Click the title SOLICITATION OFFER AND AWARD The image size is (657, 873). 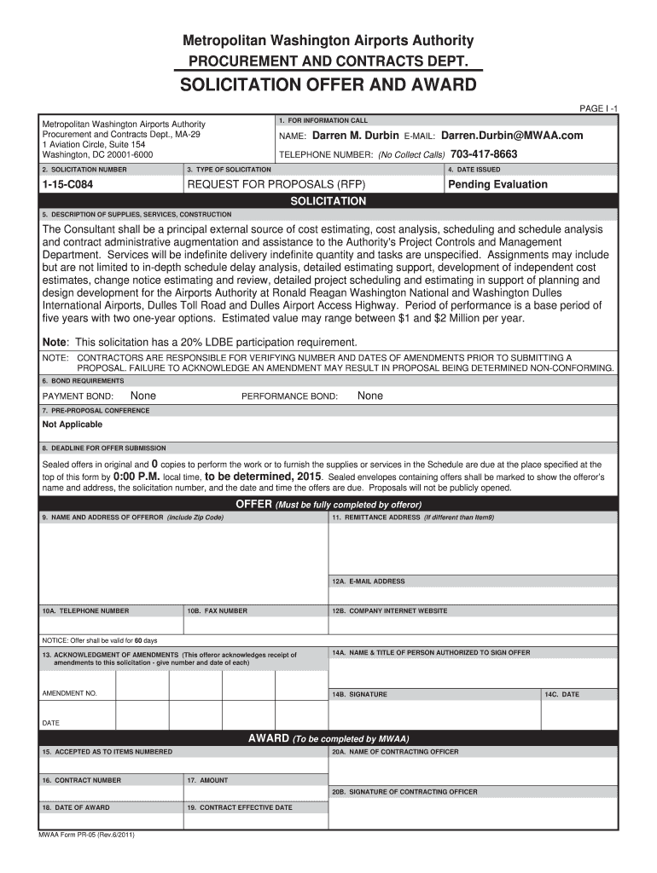pyautogui.click(x=328, y=86)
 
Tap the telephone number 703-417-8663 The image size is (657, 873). pyautogui.click(x=483, y=154)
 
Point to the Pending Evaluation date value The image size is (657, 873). pyautogui.click(x=498, y=185)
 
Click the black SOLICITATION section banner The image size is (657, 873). pyautogui.click(x=328, y=201)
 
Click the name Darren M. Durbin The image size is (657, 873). pyautogui.click(x=356, y=136)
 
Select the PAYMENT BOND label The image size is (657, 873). pyautogui.click(x=78, y=396)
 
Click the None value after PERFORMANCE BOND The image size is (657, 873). pyautogui.click(x=370, y=396)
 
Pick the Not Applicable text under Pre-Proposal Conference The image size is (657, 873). pyautogui.click(x=73, y=425)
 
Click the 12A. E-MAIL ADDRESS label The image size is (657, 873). pyautogui.click(x=369, y=581)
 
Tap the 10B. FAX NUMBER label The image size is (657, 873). pyautogui.click(x=218, y=611)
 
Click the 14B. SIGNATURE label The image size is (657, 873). pyautogui.click(x=359, y=695)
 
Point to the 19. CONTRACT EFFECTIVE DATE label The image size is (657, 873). pyautogui.click(x=239, y=807)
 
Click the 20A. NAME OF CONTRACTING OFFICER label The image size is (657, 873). pyautogui.click(x=395, y=752)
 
